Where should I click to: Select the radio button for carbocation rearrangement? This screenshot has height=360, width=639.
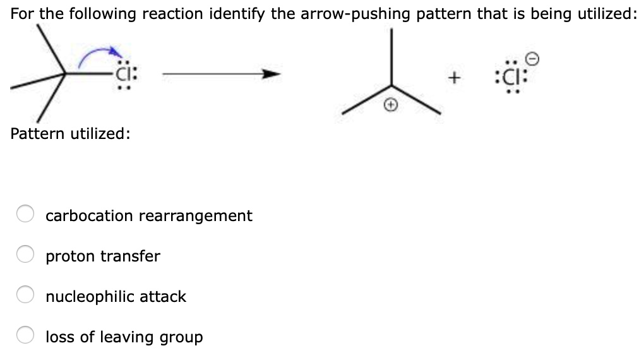[x=25, y=215]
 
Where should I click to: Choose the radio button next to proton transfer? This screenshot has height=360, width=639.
[x=25, y=256]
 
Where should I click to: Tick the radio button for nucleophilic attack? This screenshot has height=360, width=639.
[x=25, y=296]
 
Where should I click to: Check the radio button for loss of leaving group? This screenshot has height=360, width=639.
[x=25, y=337]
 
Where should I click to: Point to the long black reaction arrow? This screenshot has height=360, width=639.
[x=221, y=75]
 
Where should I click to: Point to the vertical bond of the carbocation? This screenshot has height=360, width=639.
[x=392, y=57]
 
